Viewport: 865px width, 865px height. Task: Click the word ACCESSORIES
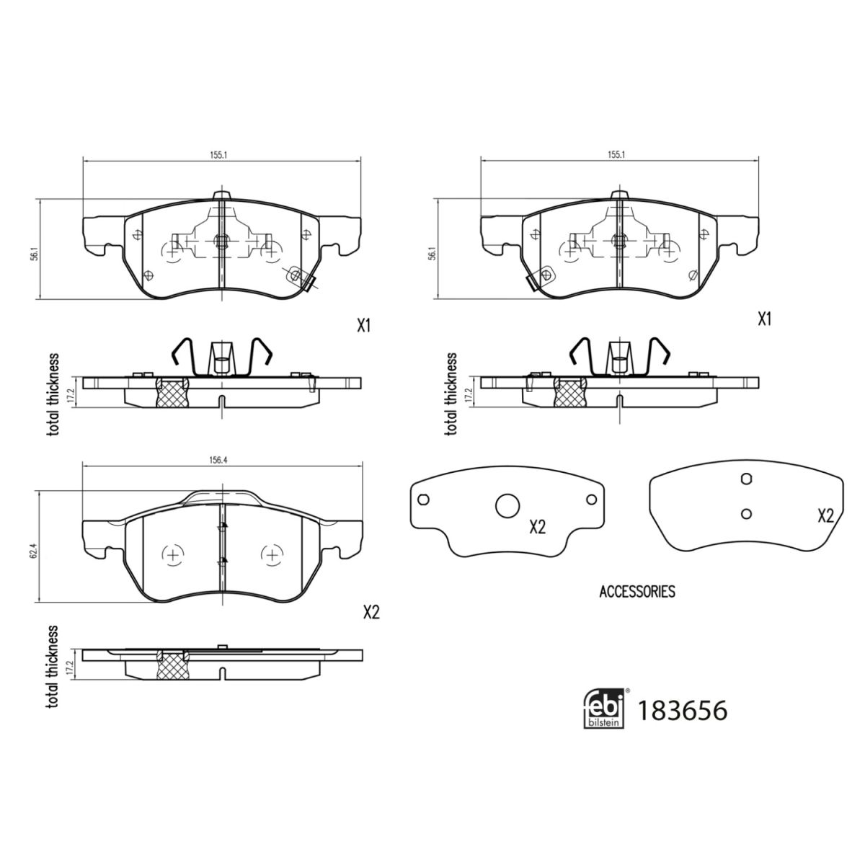[637, 592]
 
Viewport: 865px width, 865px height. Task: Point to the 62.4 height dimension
[32, 546]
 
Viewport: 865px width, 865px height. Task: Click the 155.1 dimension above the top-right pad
[616, 154]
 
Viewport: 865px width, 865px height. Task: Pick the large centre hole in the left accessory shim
[507, 506]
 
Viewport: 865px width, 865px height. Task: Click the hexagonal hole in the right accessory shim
[746, 479]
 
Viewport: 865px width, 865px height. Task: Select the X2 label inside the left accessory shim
[537, 528]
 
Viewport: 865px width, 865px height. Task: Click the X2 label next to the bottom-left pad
[371, 613]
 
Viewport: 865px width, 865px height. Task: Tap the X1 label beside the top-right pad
[764, 319]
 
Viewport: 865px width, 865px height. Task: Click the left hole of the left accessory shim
[423, 500]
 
